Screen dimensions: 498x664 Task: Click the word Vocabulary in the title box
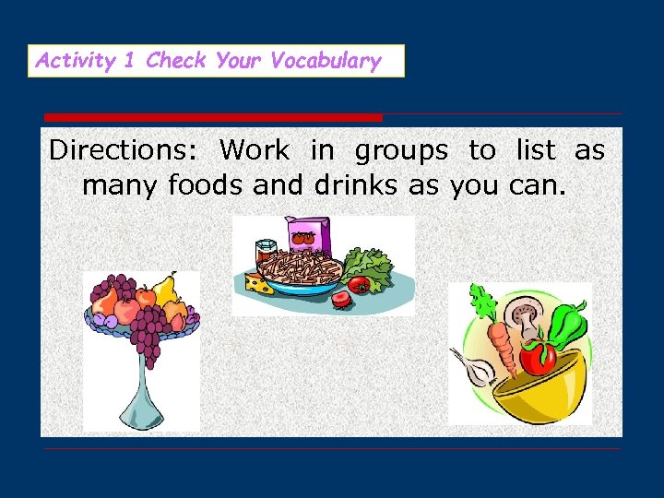326,62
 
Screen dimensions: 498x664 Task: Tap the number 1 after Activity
129,62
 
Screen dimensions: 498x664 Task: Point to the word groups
401,151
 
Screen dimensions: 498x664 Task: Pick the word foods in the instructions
207,185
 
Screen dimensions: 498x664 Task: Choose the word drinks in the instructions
357,185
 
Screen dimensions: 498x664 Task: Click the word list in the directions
535,149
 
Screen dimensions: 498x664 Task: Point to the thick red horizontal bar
213,118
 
